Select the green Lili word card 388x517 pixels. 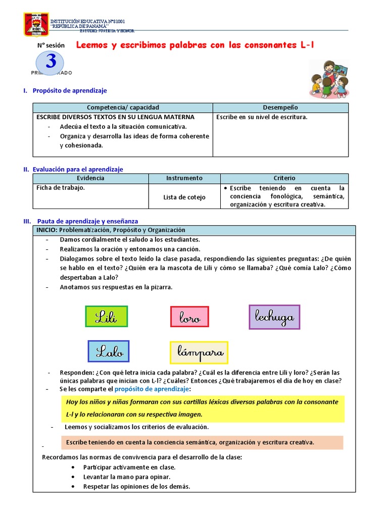[106, 317]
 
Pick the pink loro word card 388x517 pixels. [189, 317]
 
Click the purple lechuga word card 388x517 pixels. [274, 317]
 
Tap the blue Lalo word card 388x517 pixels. [109, 351]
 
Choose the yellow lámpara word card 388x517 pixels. [199, 352]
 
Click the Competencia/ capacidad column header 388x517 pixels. [123, 108]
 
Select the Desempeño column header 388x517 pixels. [280, 108]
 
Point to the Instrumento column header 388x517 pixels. [184, 178]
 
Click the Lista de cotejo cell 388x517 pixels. [184, 197]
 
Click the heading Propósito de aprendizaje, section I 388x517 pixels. [69, 90]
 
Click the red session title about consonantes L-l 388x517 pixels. [195, 45]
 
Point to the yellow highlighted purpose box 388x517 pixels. [202, 408]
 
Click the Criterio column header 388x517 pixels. [284, 178]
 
